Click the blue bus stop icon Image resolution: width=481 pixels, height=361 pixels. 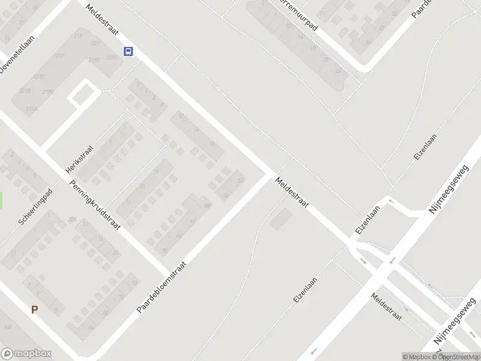tap(128, 52)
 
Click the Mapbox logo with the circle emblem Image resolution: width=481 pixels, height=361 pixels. tap(26, 354)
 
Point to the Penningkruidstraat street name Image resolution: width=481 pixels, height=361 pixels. tap(95, 206)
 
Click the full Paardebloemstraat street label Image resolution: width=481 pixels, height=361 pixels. tap(162, 286)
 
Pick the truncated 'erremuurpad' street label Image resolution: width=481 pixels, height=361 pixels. tap(297, 14)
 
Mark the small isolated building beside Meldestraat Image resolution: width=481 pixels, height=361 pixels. tap(279, 220)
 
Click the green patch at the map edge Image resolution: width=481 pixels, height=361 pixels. tap(1, 201)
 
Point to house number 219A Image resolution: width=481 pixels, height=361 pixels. tap(32, 109)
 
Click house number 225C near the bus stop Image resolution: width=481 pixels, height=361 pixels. tap(111, 58)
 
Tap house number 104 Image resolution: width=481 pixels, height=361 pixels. tap(8, 327)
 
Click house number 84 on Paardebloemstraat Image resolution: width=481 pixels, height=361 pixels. tap(91, 327)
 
